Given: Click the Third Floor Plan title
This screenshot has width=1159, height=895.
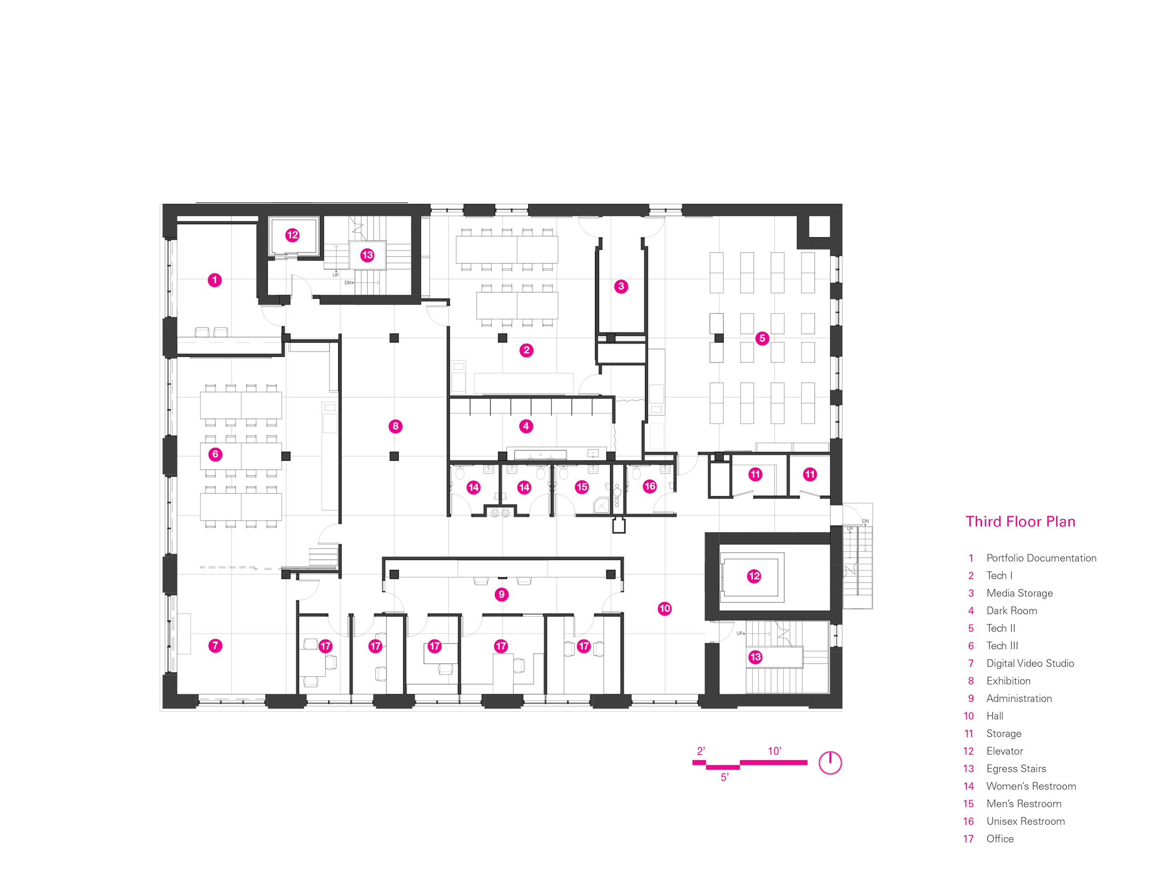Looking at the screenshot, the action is pos(1020,522).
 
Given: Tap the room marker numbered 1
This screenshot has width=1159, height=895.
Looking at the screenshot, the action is pos(215,280).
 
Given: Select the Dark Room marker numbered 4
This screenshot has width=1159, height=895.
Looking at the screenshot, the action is pos(526,426).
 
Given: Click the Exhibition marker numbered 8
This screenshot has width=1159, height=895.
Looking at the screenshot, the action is pos(395,426).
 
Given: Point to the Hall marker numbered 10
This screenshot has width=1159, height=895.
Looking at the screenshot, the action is pos(665,609).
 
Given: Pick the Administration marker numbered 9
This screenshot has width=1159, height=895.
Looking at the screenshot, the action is pos(502,594).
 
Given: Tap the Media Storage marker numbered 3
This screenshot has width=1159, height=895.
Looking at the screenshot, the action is pos(621,286).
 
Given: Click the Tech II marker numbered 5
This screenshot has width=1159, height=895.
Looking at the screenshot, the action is pos(762,338).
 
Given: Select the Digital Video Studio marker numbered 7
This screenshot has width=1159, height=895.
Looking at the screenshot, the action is pos(215,646).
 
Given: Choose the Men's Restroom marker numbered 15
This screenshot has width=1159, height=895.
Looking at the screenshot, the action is pos(582,487).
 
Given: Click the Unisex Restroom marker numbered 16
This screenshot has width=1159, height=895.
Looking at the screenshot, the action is pos(650,486).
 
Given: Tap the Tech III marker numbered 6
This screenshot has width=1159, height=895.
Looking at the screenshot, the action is pos(215,454).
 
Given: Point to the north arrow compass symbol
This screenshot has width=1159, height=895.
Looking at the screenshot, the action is pos(830,763).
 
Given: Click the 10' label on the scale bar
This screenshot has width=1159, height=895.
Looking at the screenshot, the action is pos(774,751).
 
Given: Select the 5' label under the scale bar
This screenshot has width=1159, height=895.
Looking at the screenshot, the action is pos(724,777).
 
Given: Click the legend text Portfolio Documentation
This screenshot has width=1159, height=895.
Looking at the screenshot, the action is pos(1041,558).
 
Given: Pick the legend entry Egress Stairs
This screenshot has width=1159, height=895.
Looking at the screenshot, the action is pos(1016,769).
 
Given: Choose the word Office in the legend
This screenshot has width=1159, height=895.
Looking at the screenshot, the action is pos(1000,839).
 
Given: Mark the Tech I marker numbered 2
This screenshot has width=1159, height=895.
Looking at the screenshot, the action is pos(527,350).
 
